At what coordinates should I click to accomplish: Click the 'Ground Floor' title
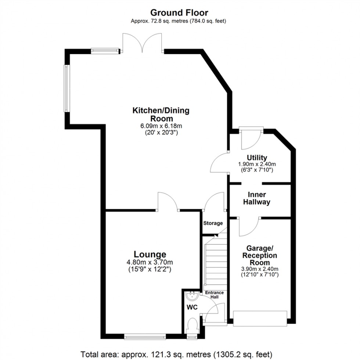click(x=179, y=13)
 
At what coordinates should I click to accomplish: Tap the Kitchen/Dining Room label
click(x=161, y=114)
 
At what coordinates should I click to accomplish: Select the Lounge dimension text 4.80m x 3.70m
click(x=150, y=262)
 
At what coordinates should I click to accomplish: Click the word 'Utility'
click(x=257, y=158)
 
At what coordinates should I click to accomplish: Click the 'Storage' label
click(x=213, y=223)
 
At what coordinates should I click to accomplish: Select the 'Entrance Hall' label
click(x=214, y=295)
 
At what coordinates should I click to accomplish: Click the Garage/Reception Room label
click(x=260, y=255)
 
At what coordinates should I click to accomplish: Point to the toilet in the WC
click(x=192, y=325)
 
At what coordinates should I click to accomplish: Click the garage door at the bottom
click(x=260, y=318)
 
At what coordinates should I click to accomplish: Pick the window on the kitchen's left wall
click(x=66, y=88)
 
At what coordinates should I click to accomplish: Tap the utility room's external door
click(x=251, y=138)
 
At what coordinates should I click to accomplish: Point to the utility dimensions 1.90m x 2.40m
click(x=257, y=164)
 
